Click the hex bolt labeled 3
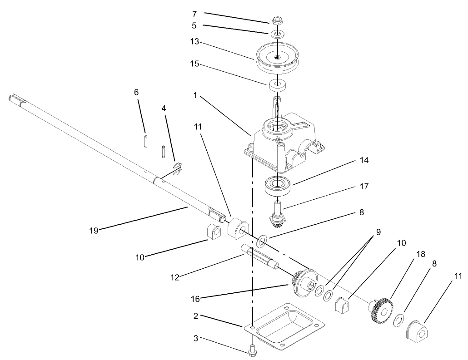[253, 350]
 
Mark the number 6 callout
[136, 92]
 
